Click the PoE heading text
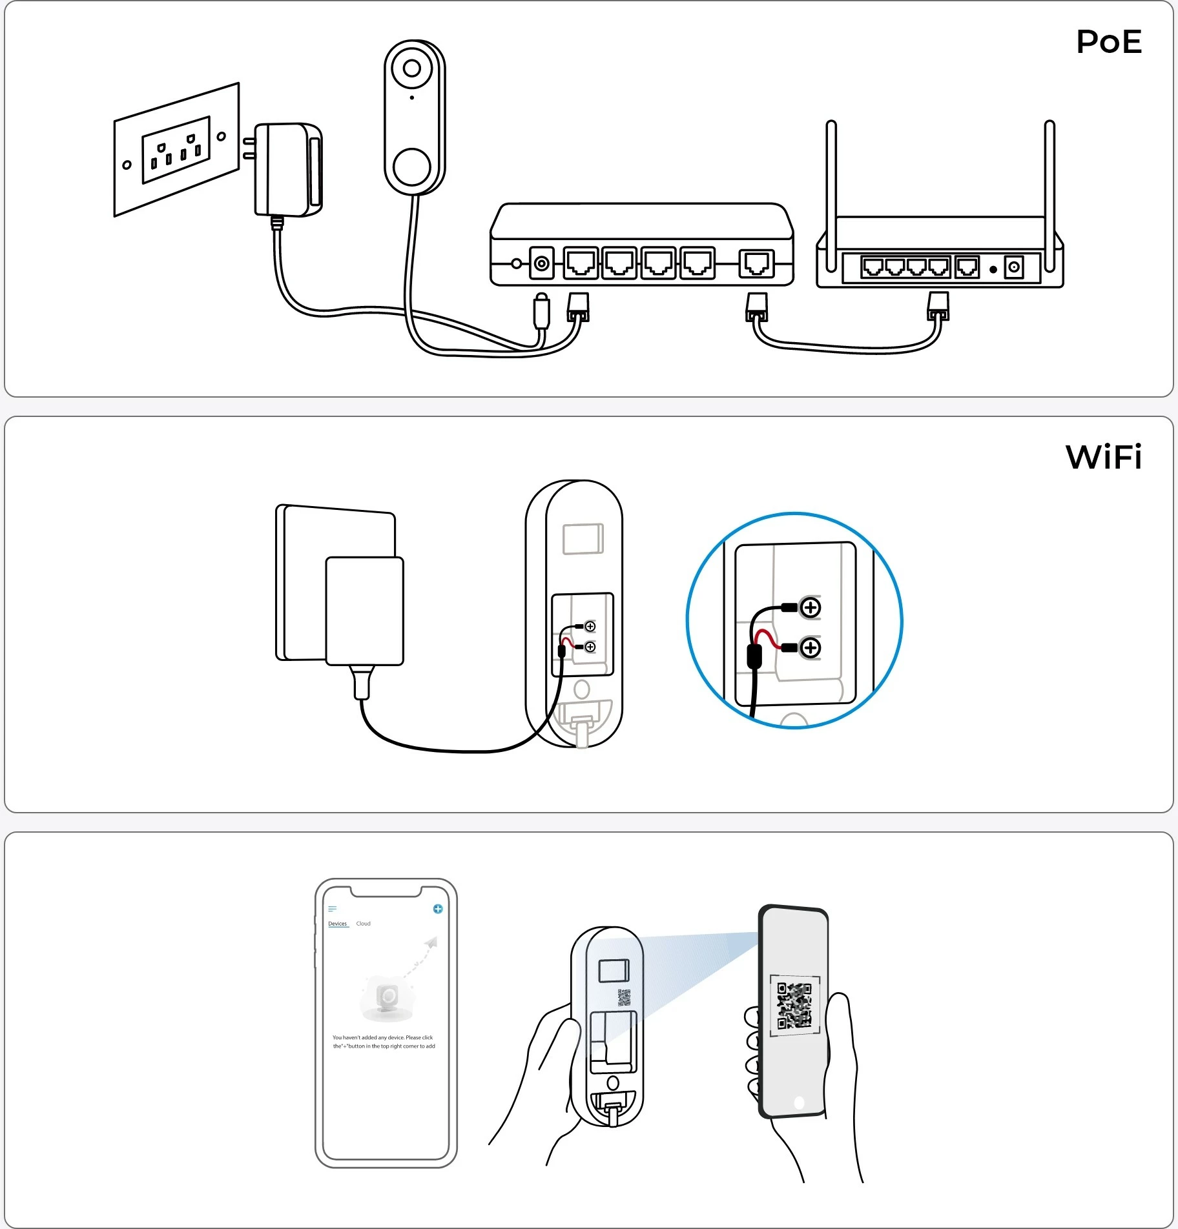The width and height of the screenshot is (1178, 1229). [1108, 43]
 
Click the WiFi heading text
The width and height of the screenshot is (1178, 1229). [1103, 458]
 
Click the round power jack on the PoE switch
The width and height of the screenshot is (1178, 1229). [541, 263]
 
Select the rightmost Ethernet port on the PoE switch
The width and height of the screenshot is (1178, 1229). [756, 263]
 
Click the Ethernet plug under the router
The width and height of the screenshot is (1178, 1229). [938, 307]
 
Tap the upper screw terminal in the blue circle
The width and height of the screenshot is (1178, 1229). [810, 607]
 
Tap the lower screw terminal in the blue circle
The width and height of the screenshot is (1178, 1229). [810, 647]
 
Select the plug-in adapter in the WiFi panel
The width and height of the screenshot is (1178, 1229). [364, 611]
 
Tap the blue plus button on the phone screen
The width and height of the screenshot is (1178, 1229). [438, 909]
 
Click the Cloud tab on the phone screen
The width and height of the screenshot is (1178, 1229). [363, 924]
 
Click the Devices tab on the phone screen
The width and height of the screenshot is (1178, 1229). [337, 924]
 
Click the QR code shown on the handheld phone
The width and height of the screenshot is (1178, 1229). [794, 1006]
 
